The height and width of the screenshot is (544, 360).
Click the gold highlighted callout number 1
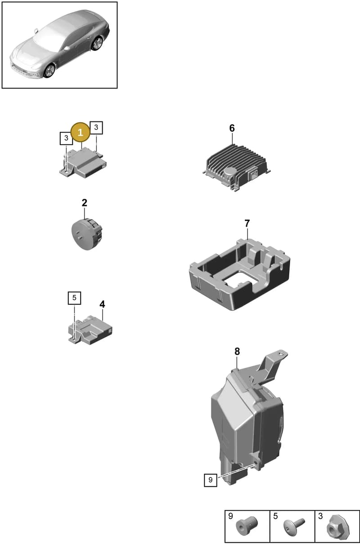[x=80, y=132]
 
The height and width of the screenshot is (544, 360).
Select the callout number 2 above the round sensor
[x=84, y=203]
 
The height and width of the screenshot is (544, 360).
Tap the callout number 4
[x=102, y=304]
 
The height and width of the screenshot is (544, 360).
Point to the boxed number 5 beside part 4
[x=74, y=298]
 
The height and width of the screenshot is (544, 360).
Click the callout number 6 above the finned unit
[x=232, y=128]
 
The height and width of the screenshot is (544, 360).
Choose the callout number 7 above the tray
[x=247, y=223]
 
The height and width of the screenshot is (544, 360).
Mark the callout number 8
[x=237, y=352]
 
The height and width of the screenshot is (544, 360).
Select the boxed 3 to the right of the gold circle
[x=96, y=128]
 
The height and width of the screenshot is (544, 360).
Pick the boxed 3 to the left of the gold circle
[x=66, y=138]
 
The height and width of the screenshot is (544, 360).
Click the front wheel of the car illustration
[x=49, y=71]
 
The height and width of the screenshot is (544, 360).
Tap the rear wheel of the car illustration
[x=97, y=43]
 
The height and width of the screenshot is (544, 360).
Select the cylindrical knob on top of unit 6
[x=229, y=174]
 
